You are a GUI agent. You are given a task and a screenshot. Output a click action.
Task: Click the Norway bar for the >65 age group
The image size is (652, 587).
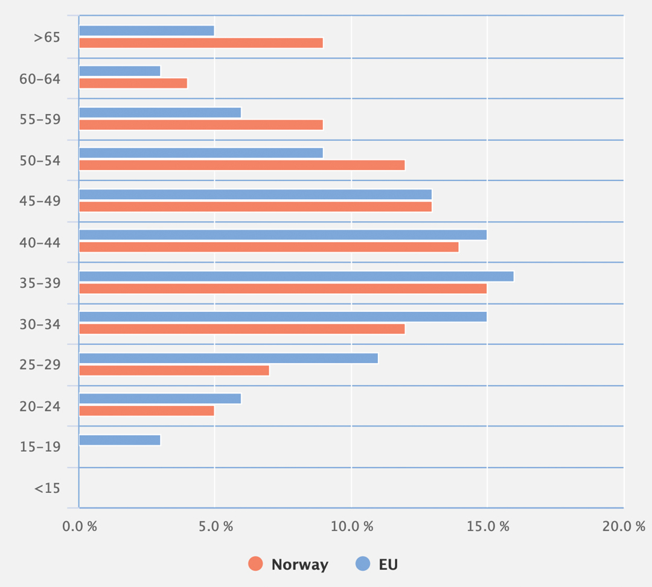click(x=201, y=43)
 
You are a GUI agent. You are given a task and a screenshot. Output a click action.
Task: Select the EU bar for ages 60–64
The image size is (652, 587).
click(x=120, y=71)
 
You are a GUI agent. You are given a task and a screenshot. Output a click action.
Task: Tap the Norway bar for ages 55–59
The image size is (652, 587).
click(x=201, y=125)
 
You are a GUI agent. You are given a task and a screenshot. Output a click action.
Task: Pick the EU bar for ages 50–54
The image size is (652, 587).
click(x=201, y=153)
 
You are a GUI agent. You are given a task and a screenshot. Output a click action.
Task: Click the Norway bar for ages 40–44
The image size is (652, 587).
click(x=269, y=247)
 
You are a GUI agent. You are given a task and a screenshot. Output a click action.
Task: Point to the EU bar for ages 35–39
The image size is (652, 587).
click(x=296, y=276)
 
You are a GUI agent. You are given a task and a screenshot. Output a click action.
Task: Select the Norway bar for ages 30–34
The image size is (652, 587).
click(x=241, y=329)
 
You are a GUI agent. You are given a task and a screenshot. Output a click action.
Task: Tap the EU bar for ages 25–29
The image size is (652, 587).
click(x=228, y=358)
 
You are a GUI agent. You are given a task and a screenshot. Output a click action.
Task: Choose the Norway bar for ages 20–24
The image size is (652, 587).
click(x=147, y=411)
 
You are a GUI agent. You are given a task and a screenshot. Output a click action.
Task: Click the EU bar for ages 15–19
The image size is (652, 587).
click(x=120, y=440)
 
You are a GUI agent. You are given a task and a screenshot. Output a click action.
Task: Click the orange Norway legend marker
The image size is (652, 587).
click(x=256, y=564)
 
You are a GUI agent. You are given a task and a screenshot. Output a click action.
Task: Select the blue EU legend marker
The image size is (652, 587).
click(x=363, y=564)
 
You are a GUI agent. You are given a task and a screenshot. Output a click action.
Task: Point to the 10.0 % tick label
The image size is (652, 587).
click(x=351, y=526)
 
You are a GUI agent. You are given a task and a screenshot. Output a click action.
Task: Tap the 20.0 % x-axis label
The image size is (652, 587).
click(x=623, y=526)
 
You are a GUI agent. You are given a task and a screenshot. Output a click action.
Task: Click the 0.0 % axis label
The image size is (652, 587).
click(x=80, y=526)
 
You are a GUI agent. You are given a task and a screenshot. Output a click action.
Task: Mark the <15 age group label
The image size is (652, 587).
click(x=47, y=488)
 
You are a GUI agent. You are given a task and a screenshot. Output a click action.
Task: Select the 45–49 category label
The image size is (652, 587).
click(x=40, y=200)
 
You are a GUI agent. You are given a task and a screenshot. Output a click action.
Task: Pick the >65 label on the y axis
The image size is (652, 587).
click(x=47, y=37)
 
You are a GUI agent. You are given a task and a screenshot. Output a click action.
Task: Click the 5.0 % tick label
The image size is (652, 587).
click(x=216, y=526)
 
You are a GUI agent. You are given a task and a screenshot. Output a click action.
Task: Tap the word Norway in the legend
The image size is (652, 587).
click(x=299, y=565)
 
